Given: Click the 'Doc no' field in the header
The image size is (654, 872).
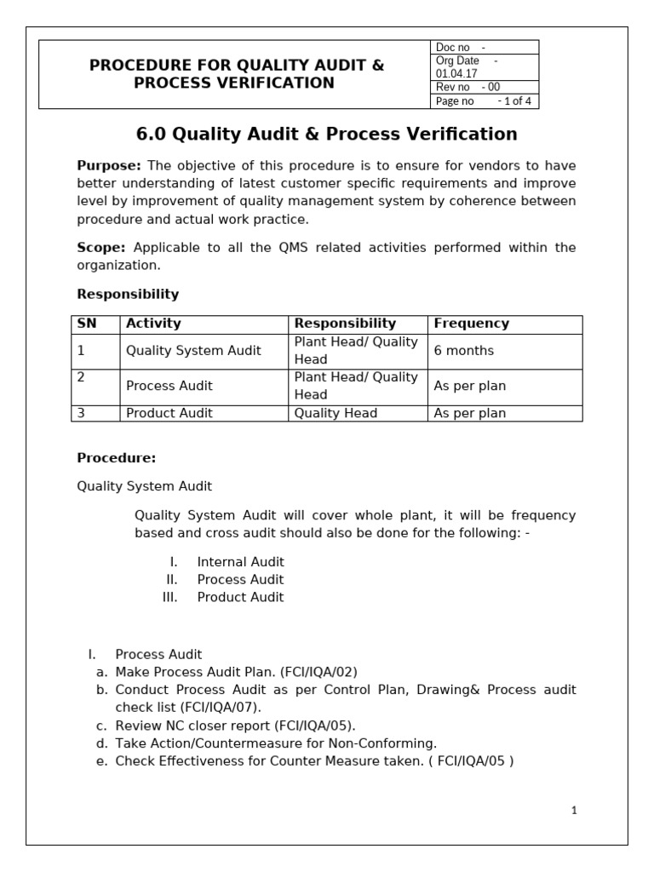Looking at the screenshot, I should pyautogui.click(x=460, y=47).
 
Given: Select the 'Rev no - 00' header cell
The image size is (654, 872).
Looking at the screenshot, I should pyautogui.click(x=468, y=87).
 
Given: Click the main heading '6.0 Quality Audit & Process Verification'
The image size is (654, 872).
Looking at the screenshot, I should pyautogui.click(x=327, y=135).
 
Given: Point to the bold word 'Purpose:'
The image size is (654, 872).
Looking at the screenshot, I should pyautogui.click(x=109, y=165).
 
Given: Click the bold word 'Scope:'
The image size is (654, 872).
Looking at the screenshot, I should pyautogui.click(x=101, y=248).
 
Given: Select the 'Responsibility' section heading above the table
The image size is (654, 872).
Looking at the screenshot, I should pyautogui.click(x=128, y=295).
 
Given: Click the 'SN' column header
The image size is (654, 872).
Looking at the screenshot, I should pyautogui.click(x=87, y=324).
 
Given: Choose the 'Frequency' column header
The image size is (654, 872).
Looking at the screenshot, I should pyautogui.click(x=471, y=324).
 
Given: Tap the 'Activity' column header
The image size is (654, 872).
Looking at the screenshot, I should pyautogui.click(x=153, y=324).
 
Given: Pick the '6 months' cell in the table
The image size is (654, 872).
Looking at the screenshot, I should pyautogui.click(x=463, y=351).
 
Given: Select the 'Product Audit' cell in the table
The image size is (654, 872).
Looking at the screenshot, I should pyautogui.click(x=169, y=413).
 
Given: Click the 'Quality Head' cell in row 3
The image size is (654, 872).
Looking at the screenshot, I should pyautogui.click(x=336, y=413).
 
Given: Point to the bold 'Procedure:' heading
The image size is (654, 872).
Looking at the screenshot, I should pyautogui.click(x=117, y=458).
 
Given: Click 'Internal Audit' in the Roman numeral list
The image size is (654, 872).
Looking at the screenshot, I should pyautogui.click(x=240, y=562).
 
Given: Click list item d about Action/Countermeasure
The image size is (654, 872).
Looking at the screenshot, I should pyautogui.click(x=276, y=743).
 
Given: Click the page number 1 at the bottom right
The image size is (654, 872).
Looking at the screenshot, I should pyautogui.click(x=574, y=812).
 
